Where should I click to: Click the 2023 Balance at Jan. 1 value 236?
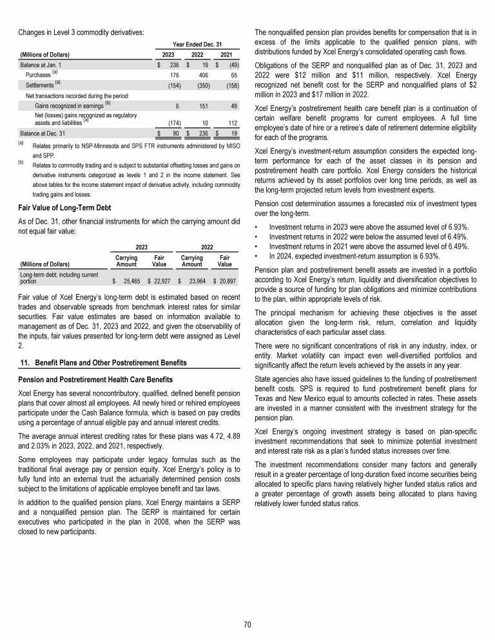pyautogui.click(x=173, y=65)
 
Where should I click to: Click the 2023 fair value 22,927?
pyautogui.click(x=157, y=281)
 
